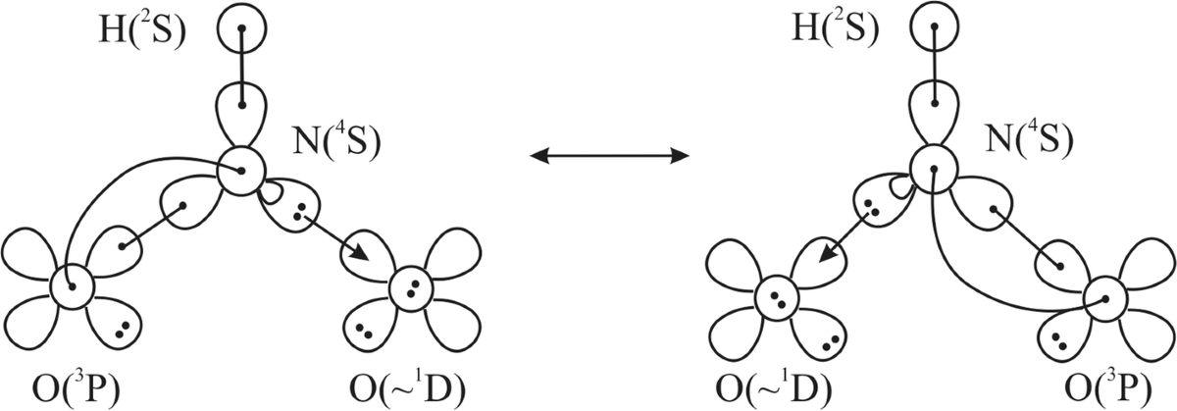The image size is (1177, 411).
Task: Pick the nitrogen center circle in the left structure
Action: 240,172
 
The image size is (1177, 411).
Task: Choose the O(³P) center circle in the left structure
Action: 72,288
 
